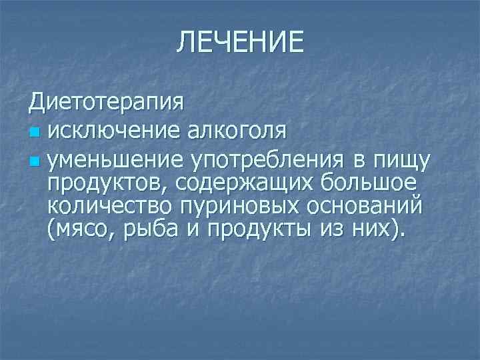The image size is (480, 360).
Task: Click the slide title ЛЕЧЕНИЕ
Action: (x=240, y=43)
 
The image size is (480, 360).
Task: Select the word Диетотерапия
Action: (x=107, y=103)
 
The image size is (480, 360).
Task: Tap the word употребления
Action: (x=267, y=160)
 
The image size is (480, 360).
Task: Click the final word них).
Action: (x=381, y=230)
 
